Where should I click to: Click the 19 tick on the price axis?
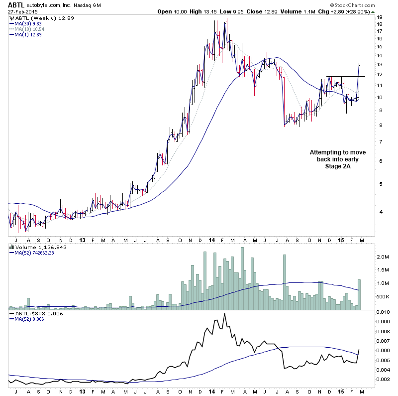tap(379, 17)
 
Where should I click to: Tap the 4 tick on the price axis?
tap(379, 211)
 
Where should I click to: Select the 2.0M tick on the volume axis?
tap(382, 257)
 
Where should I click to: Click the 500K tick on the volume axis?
tap(382, 296)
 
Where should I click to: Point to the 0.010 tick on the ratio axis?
tap(383, 312)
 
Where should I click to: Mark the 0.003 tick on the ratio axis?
tap(383, 380)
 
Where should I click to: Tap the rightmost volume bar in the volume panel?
tap(359, 294)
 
